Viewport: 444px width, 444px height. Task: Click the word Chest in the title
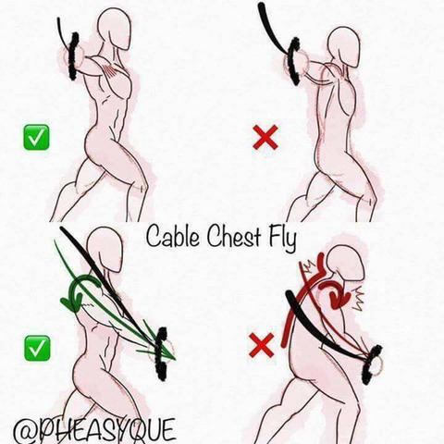pyautogui.click(x=234, y=237)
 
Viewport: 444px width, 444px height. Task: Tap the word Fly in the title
pyautogui.click(x=283, y=239)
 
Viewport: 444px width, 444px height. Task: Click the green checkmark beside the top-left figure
pyautogui.click(x=36, y=137)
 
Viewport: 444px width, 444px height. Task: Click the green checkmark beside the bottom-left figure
pyautogui.click(x=37, y=348)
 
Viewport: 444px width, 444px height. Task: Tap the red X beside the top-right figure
pyautogui.click(x=265, y=138)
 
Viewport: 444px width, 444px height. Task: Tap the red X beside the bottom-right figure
pyautogui.click(x=262, y=345)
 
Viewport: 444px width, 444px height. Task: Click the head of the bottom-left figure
pyautogui.click(x=105, y=249)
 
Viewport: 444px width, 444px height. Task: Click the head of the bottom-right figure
pyautogui.click(x=345, y=267)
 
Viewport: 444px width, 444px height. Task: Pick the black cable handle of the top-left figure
pyautogui.click(x=74, y=56)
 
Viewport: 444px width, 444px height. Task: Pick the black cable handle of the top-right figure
pyautogui.click(x=294, y=61)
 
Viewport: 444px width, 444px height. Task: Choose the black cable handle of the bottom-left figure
pyautogui.click(x=161, y=353)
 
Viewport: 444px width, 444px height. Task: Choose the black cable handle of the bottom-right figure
pyautogui.click(x=373, y=364)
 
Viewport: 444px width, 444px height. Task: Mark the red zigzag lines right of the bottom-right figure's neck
pyautogui.click(x=358, y=298)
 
